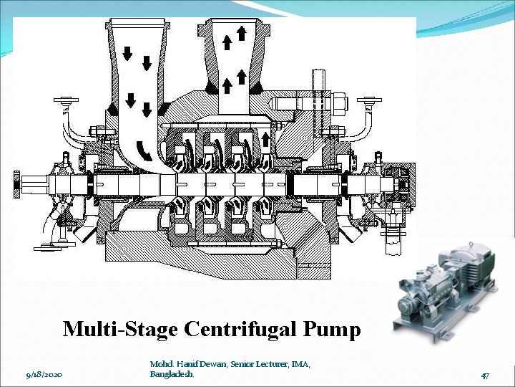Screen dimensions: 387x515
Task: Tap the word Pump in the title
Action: [x=331, y=329]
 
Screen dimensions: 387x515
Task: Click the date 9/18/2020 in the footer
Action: [x=44, y=375]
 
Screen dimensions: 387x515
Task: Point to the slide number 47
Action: [x=484, y=375]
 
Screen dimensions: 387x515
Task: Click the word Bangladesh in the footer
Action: [x=171, y=375]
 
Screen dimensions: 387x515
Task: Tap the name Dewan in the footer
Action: [x=211, y=365]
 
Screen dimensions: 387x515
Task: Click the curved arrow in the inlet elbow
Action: [x=144, y=149]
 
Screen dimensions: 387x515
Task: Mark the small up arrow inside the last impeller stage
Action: [x=265, y=138]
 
